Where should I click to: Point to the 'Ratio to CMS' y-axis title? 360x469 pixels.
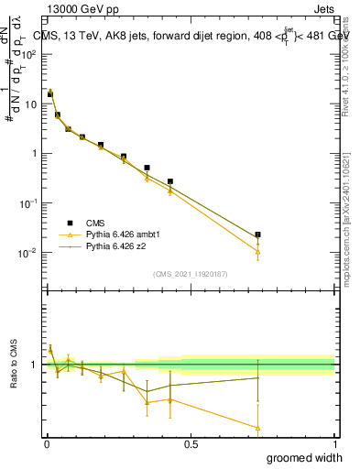click(x=13, y=365)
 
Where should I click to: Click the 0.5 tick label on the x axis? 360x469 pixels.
click(x=191, y=444)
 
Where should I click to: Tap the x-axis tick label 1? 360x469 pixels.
click(x=334, y=444)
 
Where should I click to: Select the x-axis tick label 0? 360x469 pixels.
click(x=47, y=444)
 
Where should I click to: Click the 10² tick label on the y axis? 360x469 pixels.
click(x=28, y=54)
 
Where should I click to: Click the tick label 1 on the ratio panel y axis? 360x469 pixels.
click(x=33, y=365)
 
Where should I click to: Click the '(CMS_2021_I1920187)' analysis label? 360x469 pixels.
click(x=190, y=273)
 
